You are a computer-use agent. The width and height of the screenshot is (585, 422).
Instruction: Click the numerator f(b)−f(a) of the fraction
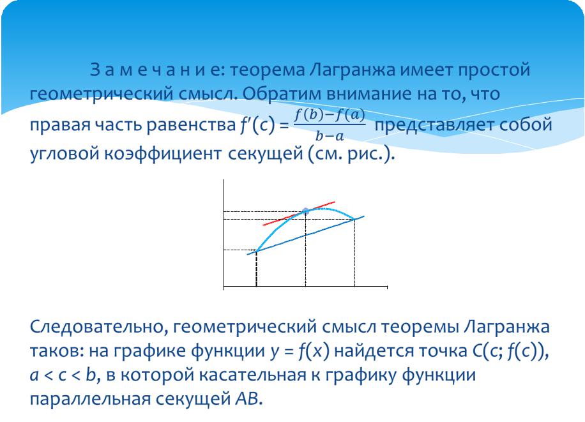click(x=330, y=114)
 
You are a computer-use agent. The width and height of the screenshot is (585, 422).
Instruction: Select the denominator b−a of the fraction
click(x=330, y=136)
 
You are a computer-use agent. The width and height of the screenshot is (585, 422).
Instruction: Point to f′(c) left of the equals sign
click(x=257, y=125)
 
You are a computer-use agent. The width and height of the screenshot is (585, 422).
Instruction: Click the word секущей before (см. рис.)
click(x=265, y=154)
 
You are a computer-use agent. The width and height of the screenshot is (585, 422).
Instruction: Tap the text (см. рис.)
click(x=351, y=154)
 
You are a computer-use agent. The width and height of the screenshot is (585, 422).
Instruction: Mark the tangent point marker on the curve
click(x=305, y=211)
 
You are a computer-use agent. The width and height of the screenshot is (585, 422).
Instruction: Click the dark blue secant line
click(x=305, y=235)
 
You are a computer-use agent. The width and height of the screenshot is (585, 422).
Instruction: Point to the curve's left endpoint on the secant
click(x=257, y=251)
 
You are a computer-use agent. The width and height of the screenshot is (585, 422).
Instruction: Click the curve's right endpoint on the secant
click(x=354, y=219)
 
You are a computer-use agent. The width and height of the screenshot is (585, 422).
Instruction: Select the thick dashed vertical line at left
click(x=256, y=269)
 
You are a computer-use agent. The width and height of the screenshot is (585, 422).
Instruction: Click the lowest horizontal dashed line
click(x=240, y=250)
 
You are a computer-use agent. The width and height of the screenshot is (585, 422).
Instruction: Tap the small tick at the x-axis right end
click(x=387, y=287)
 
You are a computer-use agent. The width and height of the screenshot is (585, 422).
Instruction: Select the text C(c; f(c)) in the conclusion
click(x=508, y=350)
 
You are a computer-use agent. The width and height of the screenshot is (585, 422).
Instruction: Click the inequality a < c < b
click(x=63, y=375)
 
